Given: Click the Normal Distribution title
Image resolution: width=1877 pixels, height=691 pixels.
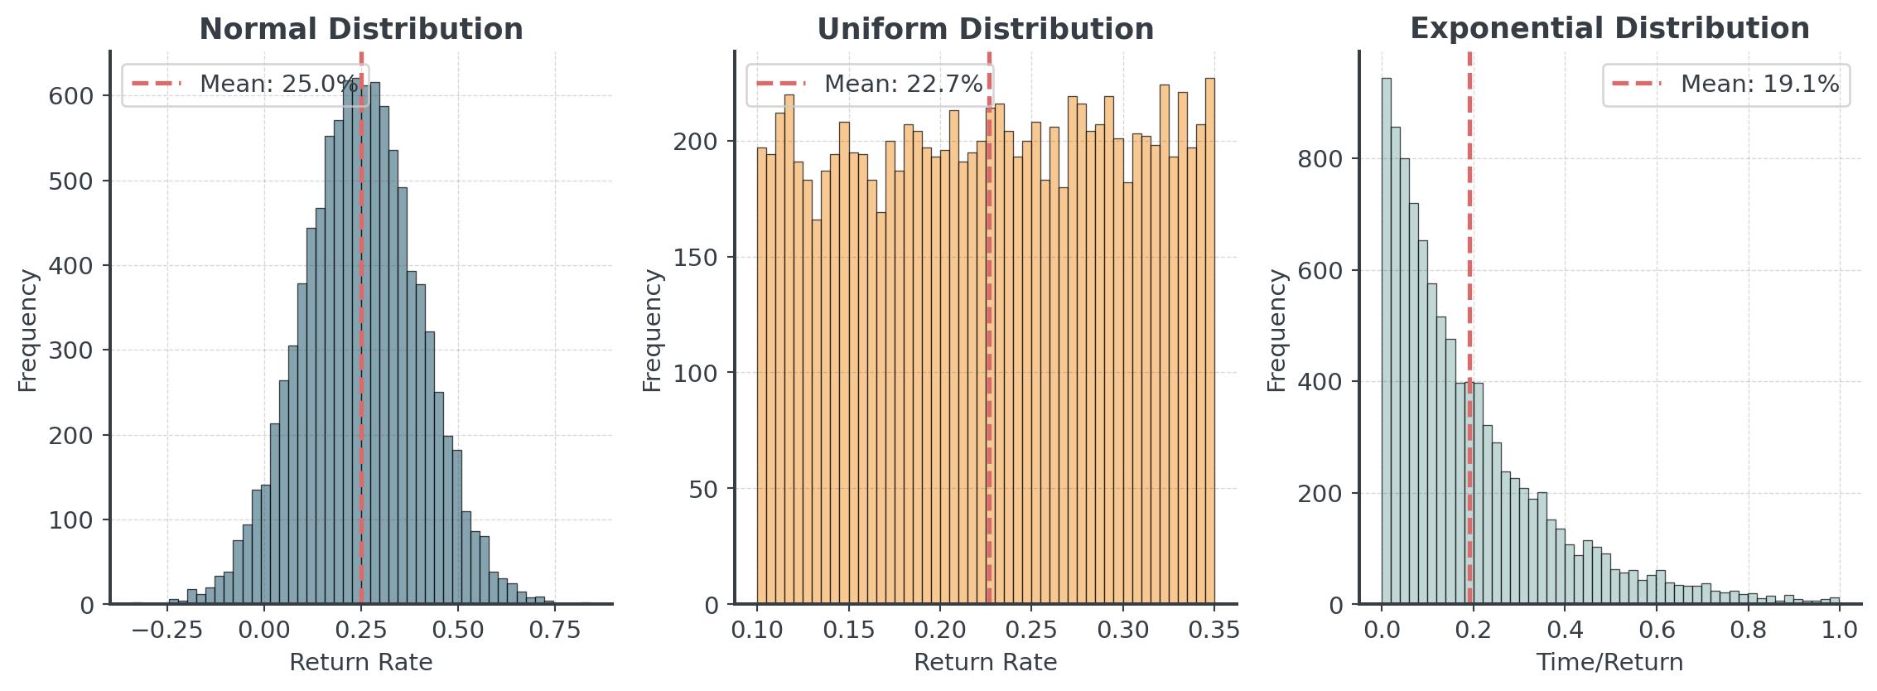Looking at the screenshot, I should pos(361,29).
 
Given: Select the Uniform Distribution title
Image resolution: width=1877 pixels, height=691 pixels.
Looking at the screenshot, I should pos(985,29).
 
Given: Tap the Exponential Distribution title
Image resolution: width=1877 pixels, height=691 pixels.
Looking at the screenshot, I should pos(1609,29).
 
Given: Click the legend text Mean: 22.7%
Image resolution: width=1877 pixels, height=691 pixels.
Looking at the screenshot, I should pos(903,84).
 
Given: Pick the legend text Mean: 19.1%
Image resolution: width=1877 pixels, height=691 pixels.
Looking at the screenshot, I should pos(1759,84).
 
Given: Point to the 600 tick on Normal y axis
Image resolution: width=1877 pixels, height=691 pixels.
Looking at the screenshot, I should pos(71,96).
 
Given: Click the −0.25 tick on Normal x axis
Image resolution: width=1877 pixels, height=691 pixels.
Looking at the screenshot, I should pos(168,630).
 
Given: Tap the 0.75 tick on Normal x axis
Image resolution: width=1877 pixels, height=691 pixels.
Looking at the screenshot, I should pos(555,630).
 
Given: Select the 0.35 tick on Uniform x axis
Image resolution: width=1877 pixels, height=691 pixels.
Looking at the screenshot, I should pos(1214,630).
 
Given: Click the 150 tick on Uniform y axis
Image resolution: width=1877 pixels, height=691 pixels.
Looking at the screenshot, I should pos(696,258).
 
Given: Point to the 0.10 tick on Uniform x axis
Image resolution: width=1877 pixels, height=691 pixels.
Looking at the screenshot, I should pos(757,630).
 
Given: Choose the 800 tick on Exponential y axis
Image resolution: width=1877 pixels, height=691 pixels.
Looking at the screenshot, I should pos(1320,159).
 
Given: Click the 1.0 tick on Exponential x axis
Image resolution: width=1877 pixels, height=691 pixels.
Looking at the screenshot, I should pos(1840,630).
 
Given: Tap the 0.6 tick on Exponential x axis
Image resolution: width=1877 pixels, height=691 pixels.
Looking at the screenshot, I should pos(1657,630).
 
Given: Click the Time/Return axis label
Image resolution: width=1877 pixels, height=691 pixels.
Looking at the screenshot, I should pos(1609,662).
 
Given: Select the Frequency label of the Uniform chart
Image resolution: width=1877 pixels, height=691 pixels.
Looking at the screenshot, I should pos(653,330).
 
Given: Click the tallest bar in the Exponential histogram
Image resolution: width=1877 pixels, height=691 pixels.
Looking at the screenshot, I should pos(1386,348).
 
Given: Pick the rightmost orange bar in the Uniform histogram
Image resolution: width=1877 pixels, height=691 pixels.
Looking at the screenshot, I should pos(1209,348).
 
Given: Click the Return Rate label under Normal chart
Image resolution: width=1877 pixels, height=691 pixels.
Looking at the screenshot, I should pos(360,662).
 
